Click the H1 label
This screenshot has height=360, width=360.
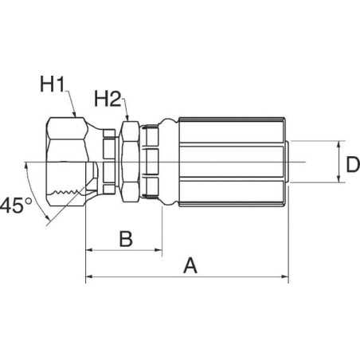[x=53, y=84]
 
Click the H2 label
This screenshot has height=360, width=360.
[x=108, y=99]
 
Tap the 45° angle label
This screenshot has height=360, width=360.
[x=15, y=205]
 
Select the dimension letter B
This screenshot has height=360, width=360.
[x=126, y=239]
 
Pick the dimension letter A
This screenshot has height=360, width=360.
[x=190, y=265]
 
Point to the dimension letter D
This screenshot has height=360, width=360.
[x=353, y=165]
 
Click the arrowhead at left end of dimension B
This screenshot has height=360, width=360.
[x=88, y=250]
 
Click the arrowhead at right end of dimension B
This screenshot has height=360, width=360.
[x=158, y=250]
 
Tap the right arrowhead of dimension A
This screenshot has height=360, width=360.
[x=285, y=277]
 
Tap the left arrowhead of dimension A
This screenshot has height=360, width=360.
[x=89, y=277]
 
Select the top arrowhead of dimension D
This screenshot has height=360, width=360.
[x=339, y=144]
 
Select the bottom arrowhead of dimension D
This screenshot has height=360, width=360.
[x=339, y=179]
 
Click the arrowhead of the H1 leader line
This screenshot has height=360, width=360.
[x=75, y=114]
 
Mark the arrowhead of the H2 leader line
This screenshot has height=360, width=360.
[x=127, y=117]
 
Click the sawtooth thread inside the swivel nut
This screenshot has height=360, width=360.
[x=66, y=192]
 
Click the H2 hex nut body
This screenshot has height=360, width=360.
[x=130, y=162]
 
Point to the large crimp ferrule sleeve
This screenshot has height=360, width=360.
[x=232, y=162]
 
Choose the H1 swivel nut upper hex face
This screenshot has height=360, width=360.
[x=67, y=128]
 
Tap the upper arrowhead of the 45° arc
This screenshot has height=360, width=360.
[x=26, y=166]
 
